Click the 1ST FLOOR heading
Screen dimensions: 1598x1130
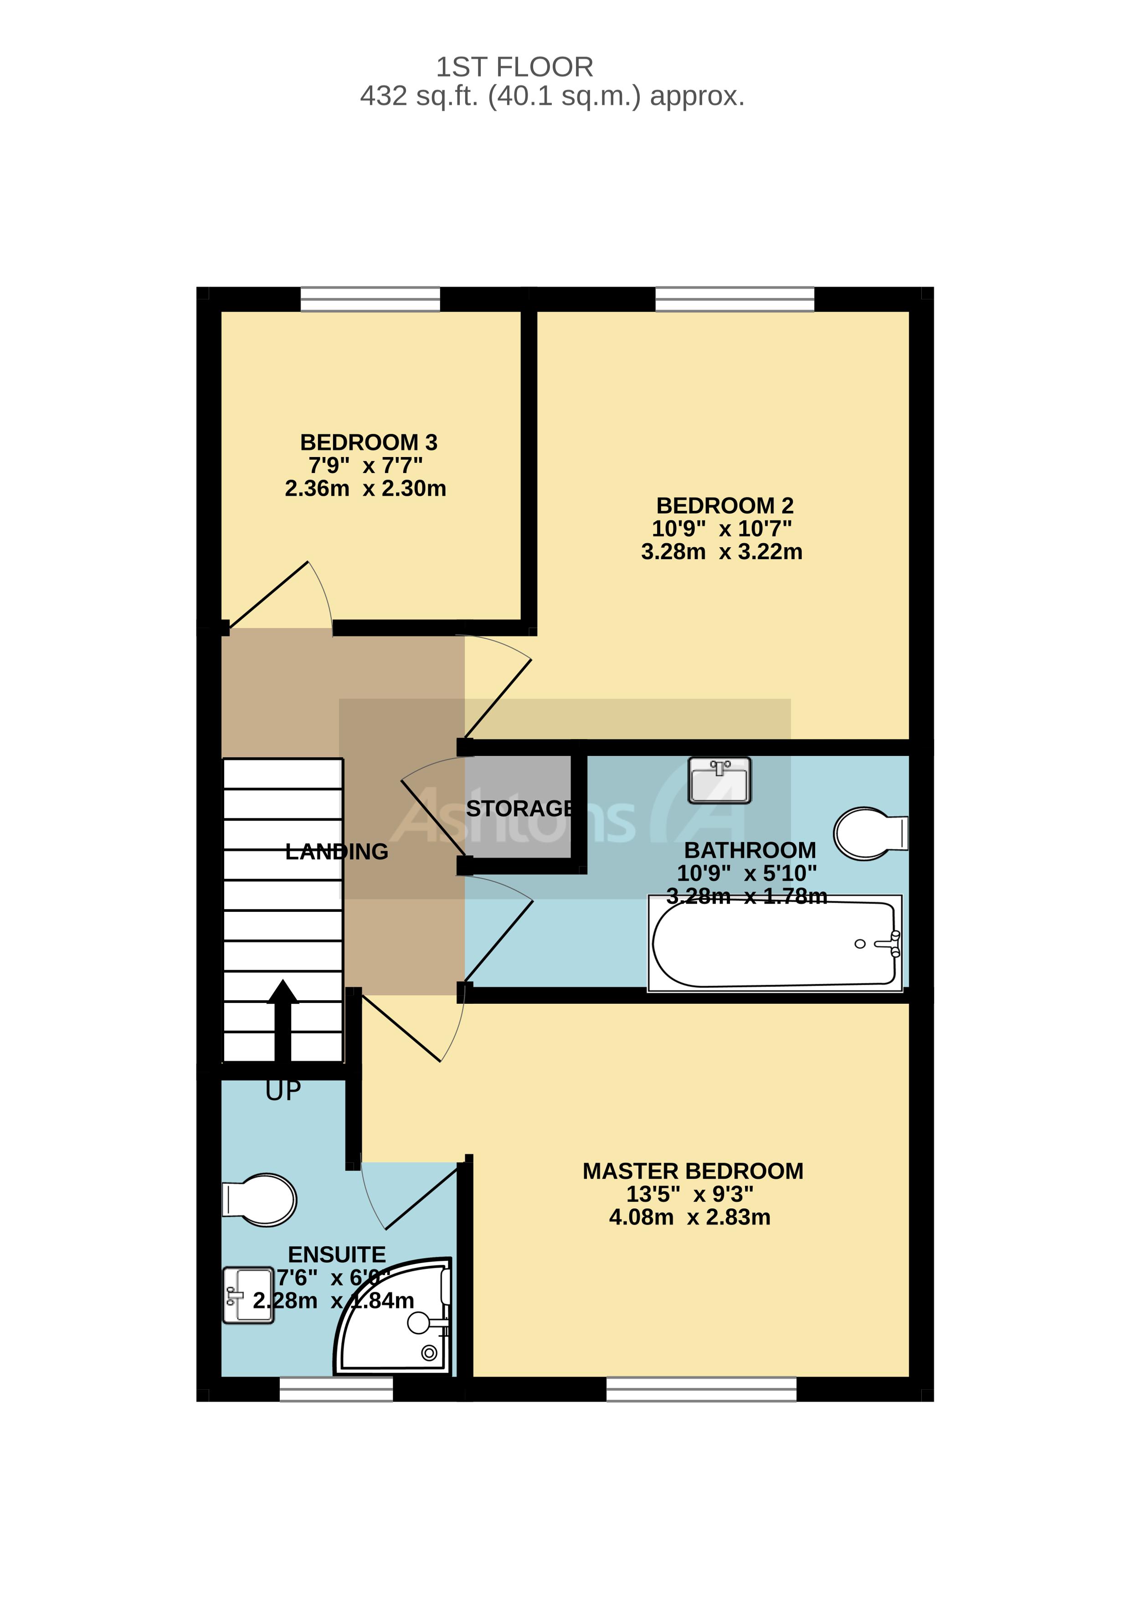[x=514, y=67]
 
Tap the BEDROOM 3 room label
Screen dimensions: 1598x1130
[x=368, y=442]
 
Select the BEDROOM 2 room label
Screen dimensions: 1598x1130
[x=724, y=505]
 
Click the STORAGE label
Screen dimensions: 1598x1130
[x=520, y=809]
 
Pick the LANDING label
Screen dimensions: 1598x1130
[x=337, y=852]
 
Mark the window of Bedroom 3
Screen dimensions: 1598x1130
[x=370, y=299]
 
